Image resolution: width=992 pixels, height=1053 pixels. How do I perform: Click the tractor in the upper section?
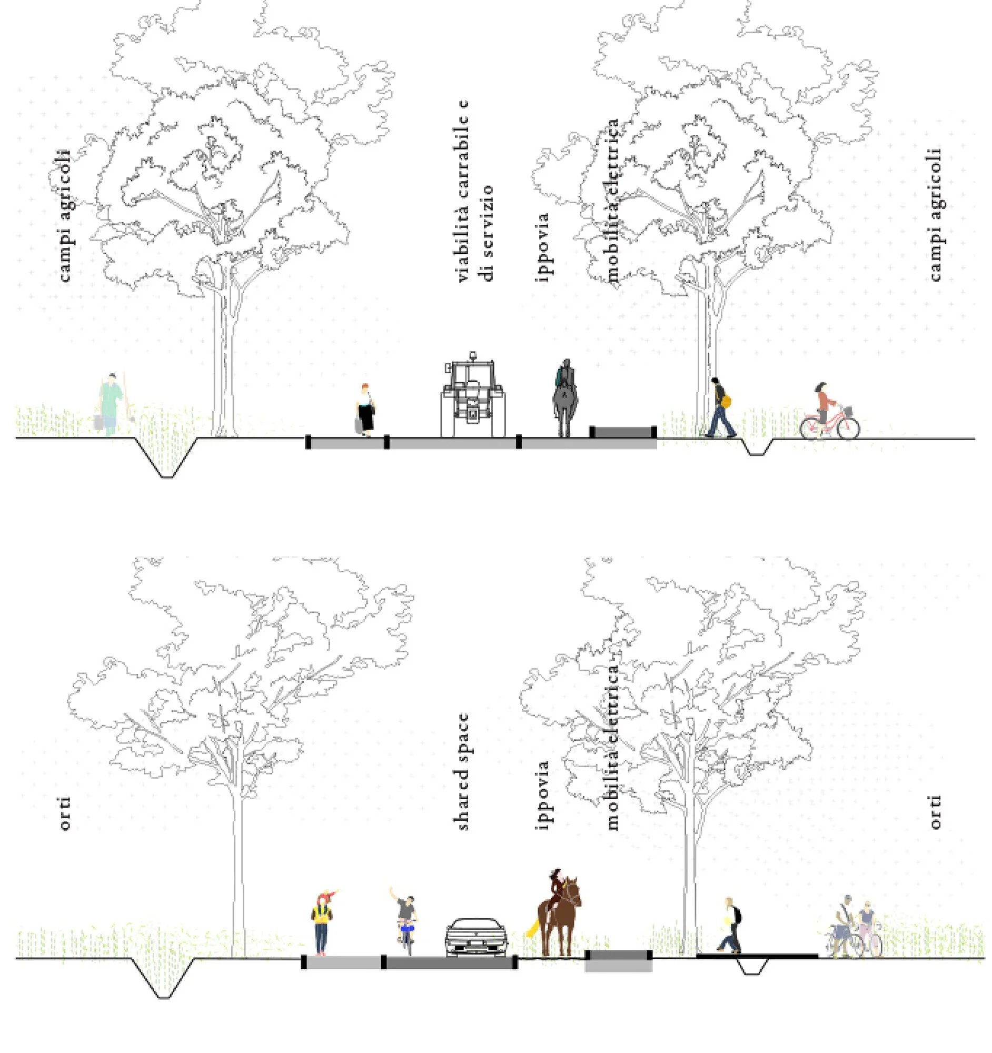pyautogui.click(x=472, y=396)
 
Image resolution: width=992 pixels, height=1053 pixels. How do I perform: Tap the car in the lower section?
pyautogui.click(x=477, y=936)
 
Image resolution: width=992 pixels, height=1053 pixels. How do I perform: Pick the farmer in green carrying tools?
pyautogui.click(x=111, y=404)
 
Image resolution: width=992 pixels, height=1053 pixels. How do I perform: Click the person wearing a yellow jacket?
pyautogui.click(x=322, y=922)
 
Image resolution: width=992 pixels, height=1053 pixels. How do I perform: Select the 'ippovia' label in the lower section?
pyautogui.click(x=542, y=794)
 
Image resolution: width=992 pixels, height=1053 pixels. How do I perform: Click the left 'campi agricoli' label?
pyautogui.click(x=65, y=214)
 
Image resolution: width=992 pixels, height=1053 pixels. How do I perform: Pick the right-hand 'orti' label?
pyautogui.click(x=935, y=812)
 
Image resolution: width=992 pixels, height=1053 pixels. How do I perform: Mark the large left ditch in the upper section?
pyautogui.click(x=167, y=458)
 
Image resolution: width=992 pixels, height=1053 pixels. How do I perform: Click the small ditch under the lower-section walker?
pyautogui.click(x=752, y=968)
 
